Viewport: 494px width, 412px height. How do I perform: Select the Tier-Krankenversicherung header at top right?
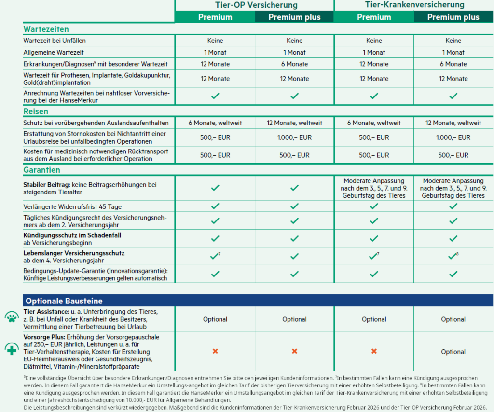(414, 5)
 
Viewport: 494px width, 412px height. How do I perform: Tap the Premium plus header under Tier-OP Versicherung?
(294, 17)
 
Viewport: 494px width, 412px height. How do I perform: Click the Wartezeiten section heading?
(46, 29)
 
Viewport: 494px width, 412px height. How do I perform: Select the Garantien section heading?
(41, 170)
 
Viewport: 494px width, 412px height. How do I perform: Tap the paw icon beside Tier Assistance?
(11, 317)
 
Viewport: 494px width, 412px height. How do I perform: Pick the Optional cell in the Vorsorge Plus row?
(453, 352)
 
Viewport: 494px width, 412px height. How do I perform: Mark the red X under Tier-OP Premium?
(215, 351)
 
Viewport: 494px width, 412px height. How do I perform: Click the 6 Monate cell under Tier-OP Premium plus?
(294, 64)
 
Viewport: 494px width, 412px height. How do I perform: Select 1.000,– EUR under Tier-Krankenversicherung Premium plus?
(453, 137)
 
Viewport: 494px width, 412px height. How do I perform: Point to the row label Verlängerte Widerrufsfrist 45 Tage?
(69, 207)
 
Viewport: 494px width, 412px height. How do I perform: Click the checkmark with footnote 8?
(452, 256)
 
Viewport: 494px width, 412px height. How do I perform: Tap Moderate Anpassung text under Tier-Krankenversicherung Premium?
(374, 181)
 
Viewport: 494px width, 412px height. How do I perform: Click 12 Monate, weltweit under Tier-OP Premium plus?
(294, 123)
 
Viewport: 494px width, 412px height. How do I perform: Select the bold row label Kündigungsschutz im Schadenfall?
(72, 235)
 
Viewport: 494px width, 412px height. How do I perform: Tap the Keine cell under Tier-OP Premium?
(215, 41)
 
